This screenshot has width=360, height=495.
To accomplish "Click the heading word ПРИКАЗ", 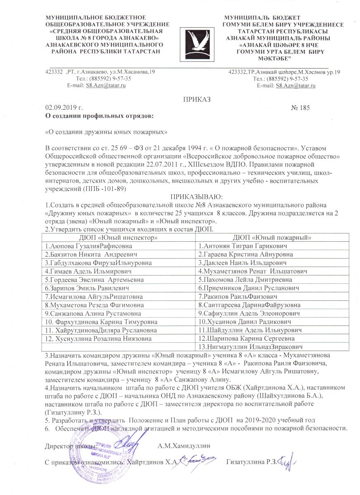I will tap(197, 99).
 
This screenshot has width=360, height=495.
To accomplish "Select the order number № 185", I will tap(301, 108).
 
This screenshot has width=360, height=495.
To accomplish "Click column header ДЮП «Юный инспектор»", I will tap(119, 238).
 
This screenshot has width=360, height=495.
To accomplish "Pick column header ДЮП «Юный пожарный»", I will tap(272, 238).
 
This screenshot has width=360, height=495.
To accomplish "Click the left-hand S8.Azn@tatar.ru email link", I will tap(105, 85).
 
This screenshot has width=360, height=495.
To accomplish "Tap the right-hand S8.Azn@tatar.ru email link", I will tap(296, 85).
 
